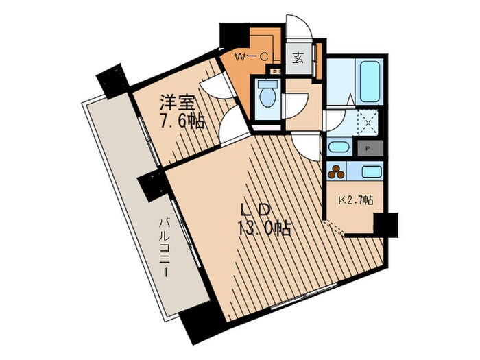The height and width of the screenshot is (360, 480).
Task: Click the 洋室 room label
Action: [178, 103]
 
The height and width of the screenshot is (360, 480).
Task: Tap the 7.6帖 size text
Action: [181, 122]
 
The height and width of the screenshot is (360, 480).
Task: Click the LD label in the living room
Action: [255, 210]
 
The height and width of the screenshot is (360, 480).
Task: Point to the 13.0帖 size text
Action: [264, 228]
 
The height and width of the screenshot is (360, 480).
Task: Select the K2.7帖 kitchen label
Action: [355, 200]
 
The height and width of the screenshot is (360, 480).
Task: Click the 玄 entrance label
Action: [298, 58]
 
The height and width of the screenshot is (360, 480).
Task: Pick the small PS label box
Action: [277, 71]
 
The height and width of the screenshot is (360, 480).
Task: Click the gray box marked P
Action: [370, 149]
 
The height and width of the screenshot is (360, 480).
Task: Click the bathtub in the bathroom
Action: [370, 81]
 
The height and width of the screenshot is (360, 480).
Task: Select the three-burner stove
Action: [336, 171]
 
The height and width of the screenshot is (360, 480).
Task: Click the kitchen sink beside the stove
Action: [372, 171]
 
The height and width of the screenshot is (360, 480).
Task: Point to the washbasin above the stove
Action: [340, 147]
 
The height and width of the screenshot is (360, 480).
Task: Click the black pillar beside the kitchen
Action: [385, 225]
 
